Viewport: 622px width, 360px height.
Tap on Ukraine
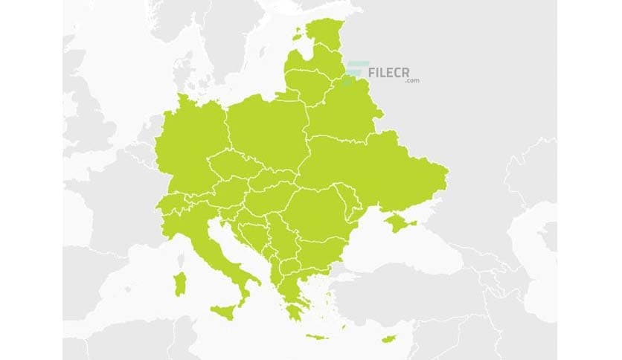(x=372, y=171)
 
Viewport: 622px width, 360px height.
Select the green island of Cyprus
(x=388, y=340)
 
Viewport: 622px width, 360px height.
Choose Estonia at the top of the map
(x=324, y=37)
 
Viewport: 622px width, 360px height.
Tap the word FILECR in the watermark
(x=394, y=71)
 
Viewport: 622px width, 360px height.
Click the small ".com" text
(x=412, y=81)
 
